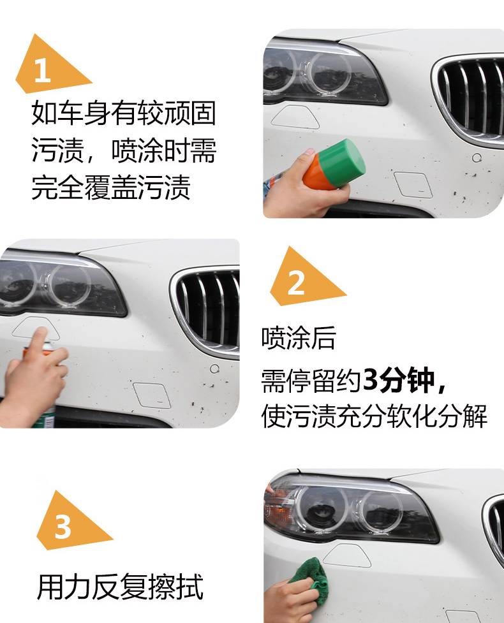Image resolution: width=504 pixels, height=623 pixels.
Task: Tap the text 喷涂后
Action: (299, 339)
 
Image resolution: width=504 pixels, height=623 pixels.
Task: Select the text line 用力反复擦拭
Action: (121, 587)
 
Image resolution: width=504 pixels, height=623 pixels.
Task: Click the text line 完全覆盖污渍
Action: (111, 187)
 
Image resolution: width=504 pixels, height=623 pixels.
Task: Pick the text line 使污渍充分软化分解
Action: (374, 416)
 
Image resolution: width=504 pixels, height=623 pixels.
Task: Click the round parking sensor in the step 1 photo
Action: (477, 158)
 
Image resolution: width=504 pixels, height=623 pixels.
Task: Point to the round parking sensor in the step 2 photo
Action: (214, 369)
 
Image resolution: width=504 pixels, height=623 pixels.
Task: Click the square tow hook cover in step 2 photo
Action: (152, 395)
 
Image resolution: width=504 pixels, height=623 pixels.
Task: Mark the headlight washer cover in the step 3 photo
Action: (346, 555)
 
